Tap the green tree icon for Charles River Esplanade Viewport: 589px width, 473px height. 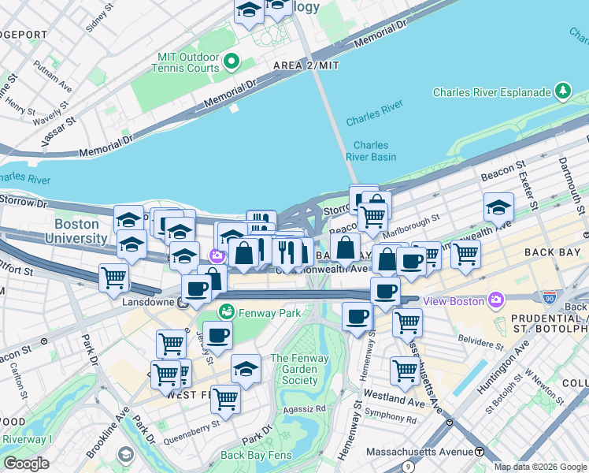click(562, 92)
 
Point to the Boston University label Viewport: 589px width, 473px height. click(76, 231)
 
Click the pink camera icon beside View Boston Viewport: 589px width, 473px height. click(495, 300)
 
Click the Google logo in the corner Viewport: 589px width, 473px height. click(26, 463)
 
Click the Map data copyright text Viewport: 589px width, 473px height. click(540, 467)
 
